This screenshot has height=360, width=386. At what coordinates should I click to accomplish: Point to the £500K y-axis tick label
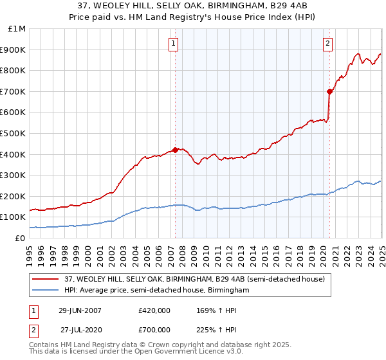tap(15, 133)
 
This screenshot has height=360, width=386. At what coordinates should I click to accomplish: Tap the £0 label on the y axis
tap(21, 238)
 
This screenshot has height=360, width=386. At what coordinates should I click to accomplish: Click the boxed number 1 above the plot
tap(174, 44)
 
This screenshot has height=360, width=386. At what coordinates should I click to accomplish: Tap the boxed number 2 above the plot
tap(327, 44)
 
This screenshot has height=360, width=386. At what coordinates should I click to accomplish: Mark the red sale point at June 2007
tap(175, 150)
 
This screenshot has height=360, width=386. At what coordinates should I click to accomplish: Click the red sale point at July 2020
tap(329, 91)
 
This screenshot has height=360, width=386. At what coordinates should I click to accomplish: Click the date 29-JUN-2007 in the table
tap(80, 310)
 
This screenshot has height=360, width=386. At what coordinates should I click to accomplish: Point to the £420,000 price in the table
tap(154, 310)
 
